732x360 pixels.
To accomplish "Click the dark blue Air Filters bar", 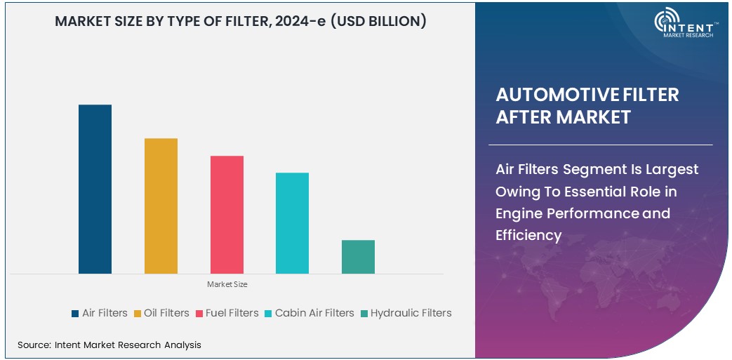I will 95,189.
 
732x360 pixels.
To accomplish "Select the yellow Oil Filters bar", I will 161,206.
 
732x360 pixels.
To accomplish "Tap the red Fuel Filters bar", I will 227,214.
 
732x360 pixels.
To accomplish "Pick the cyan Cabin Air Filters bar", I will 292,222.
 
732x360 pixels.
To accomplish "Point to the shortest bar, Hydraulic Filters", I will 358,256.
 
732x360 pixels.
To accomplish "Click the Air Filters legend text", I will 105,313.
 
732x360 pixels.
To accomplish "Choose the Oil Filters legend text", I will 166,313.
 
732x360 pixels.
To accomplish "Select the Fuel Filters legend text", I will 232,313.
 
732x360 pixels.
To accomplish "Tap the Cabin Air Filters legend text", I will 314,313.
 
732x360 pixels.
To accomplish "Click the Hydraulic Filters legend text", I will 411,313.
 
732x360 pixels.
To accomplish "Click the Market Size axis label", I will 227,284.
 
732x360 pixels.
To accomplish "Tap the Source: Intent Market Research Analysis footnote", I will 109,345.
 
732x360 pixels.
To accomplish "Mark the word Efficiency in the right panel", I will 528,235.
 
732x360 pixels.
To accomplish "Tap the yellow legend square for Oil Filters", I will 138,314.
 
